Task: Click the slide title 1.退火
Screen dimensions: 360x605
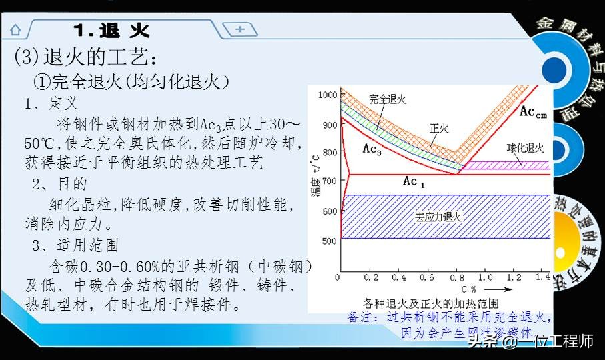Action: (111, 30)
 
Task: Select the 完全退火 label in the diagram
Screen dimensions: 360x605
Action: (387, 99)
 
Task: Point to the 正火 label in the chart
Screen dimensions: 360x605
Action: (439, 127)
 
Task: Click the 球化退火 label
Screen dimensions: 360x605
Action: (525, 148)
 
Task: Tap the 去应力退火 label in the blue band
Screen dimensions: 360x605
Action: (438, 217)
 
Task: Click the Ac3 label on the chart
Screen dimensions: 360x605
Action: (372, 149)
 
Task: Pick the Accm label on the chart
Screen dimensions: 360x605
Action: (533, 112)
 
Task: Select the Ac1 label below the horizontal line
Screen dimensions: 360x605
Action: (414, 181)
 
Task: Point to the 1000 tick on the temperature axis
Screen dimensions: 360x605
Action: (328, 95)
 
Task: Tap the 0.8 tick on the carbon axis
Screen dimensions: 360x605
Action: (459, 277)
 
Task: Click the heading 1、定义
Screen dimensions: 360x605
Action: (51, 103)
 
